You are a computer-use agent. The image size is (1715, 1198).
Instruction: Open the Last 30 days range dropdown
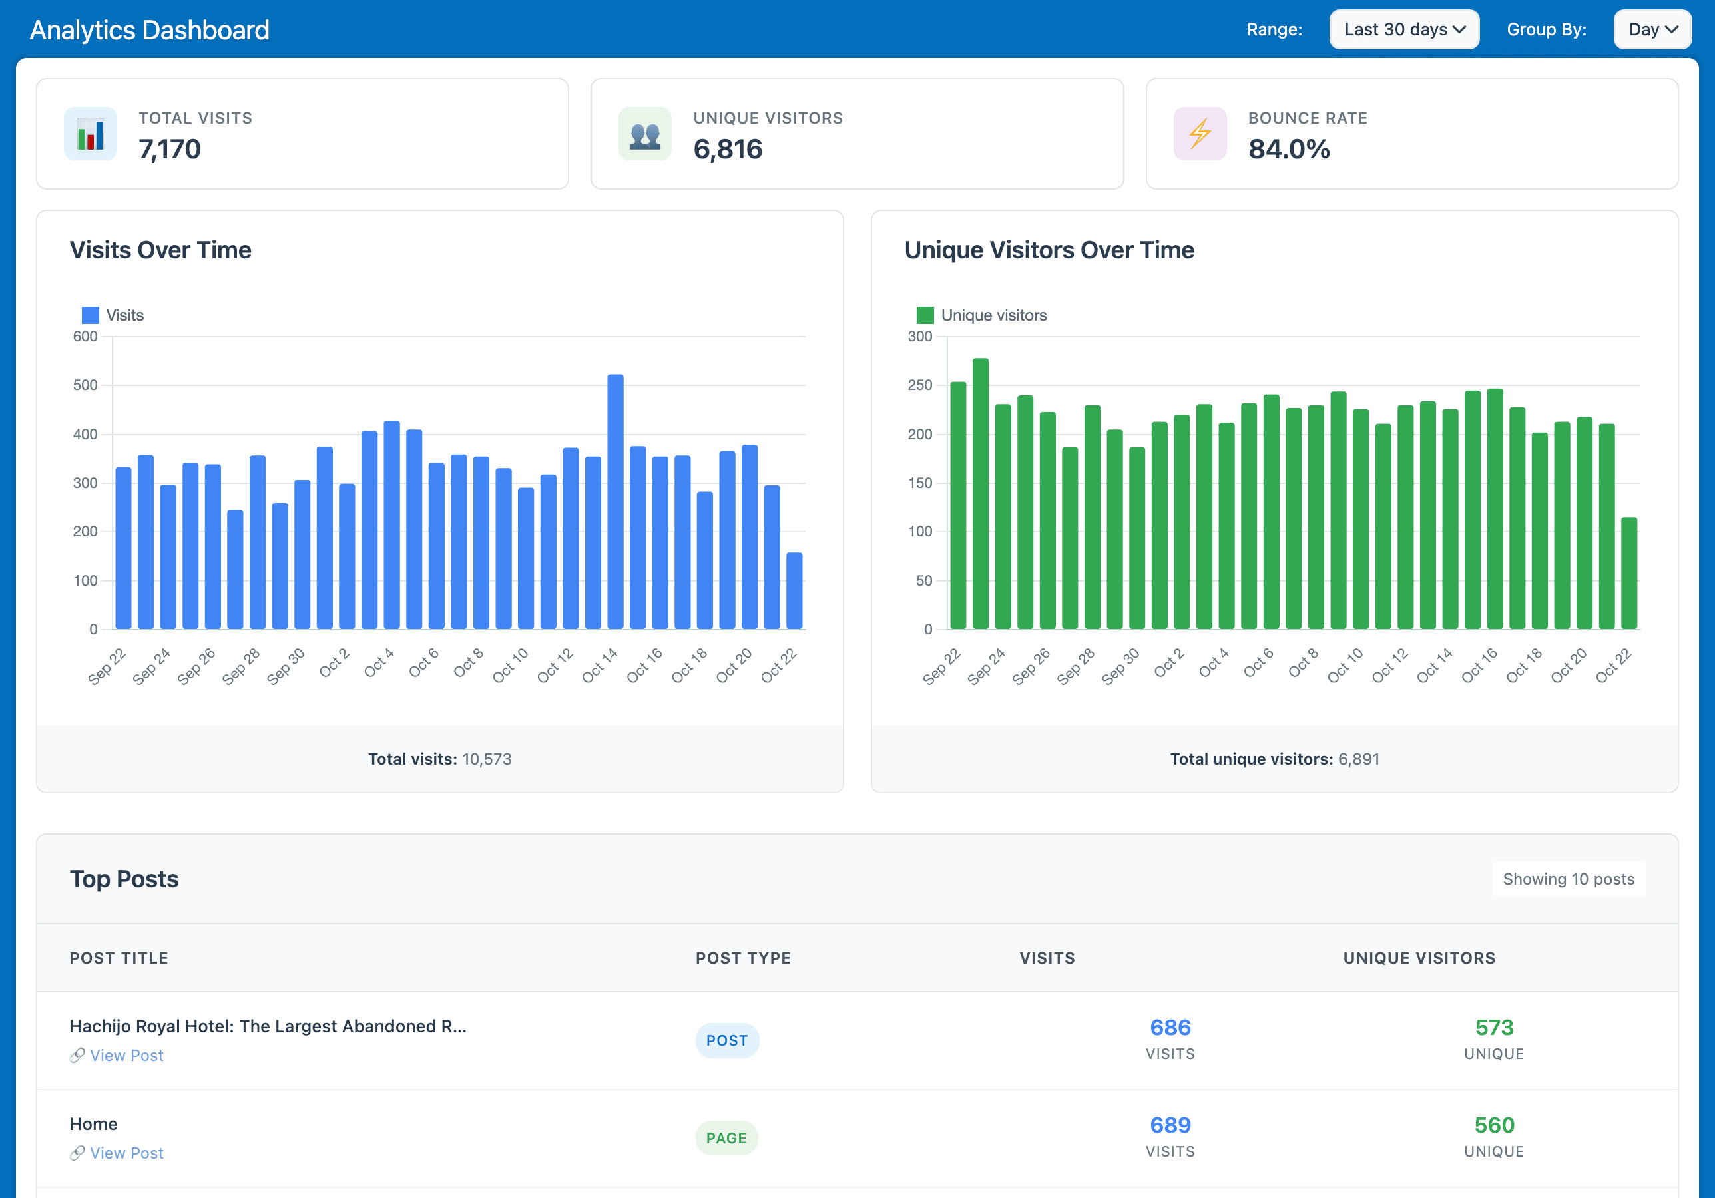[x=1403, y=29]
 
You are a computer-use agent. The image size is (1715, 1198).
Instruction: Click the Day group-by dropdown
[x=1652, y=29]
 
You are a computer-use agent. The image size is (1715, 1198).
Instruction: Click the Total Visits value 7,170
[x=170, y=149]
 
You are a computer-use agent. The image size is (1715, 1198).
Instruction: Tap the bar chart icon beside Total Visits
[x=91, y=134]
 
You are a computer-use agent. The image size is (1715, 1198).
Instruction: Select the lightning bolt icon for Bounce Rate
[x=1200, y=134]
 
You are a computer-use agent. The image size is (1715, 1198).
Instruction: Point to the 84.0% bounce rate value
[x=1288, y=149]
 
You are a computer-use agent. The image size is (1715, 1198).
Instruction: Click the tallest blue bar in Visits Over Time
[x=614, y=500]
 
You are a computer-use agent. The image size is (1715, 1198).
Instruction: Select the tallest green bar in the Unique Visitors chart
[x=980, y=493]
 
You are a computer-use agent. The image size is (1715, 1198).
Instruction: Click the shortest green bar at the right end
[x=1629, y=573]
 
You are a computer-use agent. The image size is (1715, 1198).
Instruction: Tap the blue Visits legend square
[x=91, y=315]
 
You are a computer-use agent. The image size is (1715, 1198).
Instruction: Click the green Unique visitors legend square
[x=925, y=315]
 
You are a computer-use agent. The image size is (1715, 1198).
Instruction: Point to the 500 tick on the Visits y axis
[x=85, y=385]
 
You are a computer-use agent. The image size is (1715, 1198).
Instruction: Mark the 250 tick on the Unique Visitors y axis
[x=919, y=385]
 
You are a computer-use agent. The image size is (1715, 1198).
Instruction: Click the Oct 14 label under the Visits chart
[x=600, y=665]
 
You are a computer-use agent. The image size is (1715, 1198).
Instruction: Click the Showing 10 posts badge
[x=1568, y=879]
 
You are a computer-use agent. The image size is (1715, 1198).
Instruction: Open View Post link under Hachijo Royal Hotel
[x=126, y=1056]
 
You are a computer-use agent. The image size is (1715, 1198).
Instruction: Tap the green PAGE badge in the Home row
[x=726, y=1138]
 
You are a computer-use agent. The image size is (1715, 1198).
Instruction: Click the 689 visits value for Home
[x=1170, y=1125]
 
